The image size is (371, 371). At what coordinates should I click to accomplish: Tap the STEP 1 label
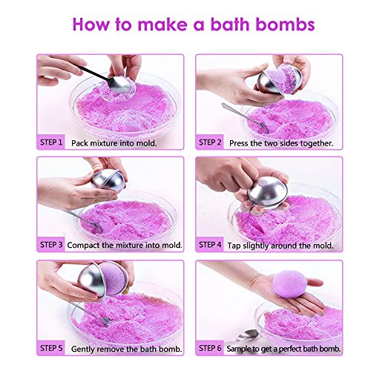pos(50,141)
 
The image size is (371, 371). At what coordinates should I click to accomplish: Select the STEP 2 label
pos(211,141)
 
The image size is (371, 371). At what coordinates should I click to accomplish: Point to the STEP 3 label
pos(50,244)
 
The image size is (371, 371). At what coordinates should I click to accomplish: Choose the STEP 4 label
pos(211,244)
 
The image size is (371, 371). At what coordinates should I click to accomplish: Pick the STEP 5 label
pos(50,347)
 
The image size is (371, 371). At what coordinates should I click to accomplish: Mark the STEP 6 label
pos(211,347)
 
